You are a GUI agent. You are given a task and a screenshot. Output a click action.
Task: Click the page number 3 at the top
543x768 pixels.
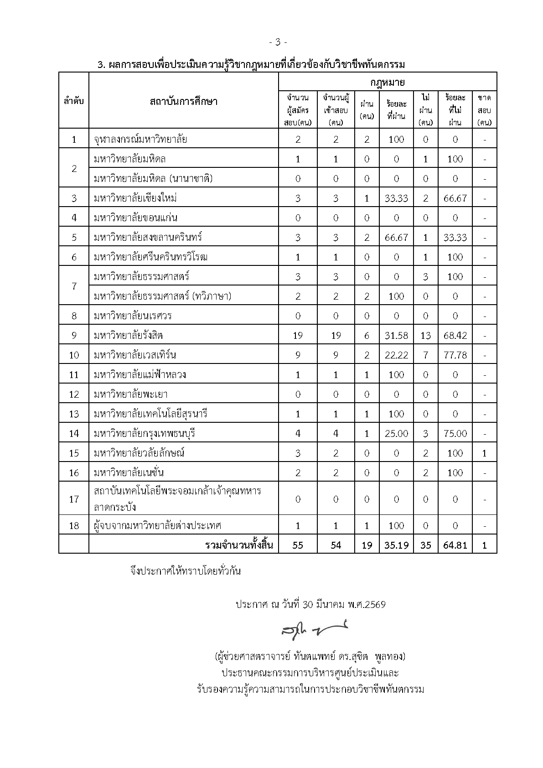pyautogui.click(x=278, y=42)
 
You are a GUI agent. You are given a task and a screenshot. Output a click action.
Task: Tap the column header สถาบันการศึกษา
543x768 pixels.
pyautogui.click(x=183, y=101)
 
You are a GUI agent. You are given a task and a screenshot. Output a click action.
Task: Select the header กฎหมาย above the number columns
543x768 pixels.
pyautogui.click(x=388, y=83)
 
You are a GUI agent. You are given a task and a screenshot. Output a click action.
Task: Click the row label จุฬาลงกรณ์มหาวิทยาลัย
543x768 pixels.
pyautogui.click(x=140, y=139)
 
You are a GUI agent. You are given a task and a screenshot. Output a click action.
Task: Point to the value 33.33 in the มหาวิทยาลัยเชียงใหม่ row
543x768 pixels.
pyautogui.click(x=396, y=198)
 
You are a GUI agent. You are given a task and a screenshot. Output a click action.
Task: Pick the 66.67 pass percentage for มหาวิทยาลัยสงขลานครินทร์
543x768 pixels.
pyautogui.click(x=396, y=238)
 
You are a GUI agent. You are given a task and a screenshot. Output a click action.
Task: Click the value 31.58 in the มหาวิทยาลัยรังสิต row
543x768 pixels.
pyautogui.click(x=396, y=336)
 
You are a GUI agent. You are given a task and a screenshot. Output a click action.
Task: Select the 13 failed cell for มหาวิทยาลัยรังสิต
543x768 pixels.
pyautogui.click(x=425, y=336)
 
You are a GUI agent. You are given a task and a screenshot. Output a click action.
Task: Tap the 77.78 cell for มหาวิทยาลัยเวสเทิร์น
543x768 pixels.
pyautogui.click(x=455, y=355)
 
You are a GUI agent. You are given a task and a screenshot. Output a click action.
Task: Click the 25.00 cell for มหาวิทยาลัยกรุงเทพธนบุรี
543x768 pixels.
pyautogui.click(x=396, y=434)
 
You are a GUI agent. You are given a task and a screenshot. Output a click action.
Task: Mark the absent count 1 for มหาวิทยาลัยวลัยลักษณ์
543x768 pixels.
pyautogui.click(x=484, y=453)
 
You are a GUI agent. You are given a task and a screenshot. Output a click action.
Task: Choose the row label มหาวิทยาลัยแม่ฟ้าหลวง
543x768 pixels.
pyautogui.click(x=140, y=375)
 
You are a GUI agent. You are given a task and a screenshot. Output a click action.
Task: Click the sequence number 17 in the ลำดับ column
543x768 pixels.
pyautogui.click(x=74, y=499)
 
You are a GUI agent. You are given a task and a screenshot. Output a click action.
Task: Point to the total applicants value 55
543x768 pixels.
pyautogui.click(x=298, y=545)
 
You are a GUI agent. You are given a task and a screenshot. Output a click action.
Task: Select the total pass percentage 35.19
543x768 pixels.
pyautogui.click(x=396, y=545)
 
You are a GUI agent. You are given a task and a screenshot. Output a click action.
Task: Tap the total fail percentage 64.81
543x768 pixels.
pyautogui.click(x=455, y=545)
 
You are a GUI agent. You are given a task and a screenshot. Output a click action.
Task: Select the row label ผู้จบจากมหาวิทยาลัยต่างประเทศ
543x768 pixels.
pyautogui.click(x=157, y=525)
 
